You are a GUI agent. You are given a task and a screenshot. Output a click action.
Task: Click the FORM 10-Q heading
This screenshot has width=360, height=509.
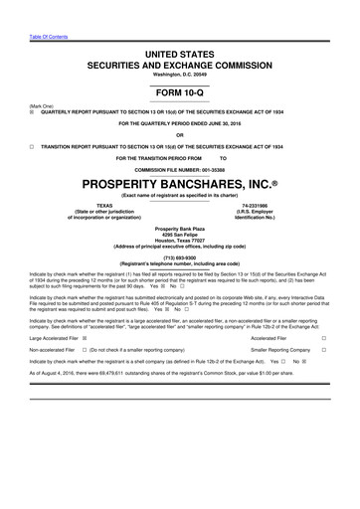tap(180, 90)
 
